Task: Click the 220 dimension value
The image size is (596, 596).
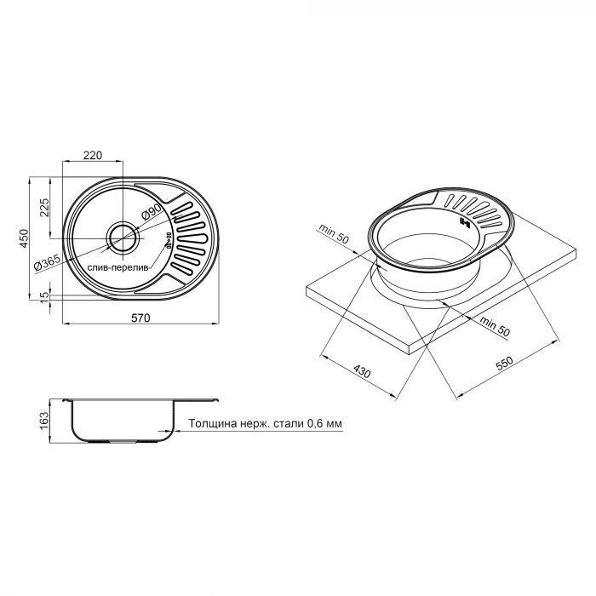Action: coord(94,155)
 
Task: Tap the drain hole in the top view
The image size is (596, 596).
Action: coord(120,234)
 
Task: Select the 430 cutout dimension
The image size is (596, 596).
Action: coord(362,372)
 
